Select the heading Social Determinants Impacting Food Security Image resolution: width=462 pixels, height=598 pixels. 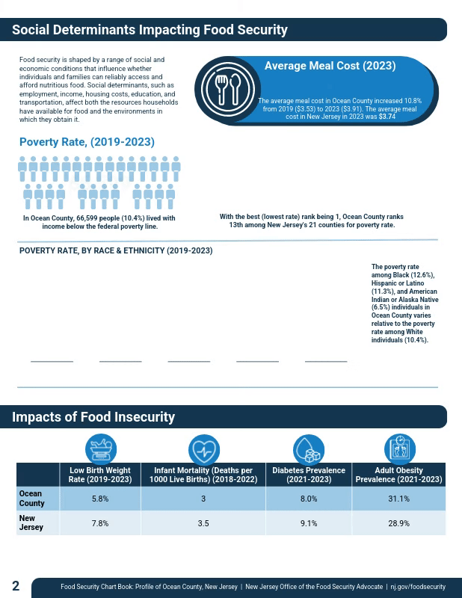[150, 30]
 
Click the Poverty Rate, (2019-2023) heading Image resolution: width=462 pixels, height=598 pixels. [87, 142]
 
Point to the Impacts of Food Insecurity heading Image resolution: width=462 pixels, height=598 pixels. [93, 417]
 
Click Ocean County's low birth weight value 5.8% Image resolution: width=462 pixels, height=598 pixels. [100, 499]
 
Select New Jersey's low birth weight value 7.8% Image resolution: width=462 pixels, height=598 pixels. [100, 523]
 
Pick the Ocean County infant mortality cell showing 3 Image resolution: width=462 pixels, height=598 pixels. [203, 499]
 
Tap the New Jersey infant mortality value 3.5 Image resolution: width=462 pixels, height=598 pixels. [203, 523]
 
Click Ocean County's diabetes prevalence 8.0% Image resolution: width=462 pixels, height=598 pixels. [309, 499]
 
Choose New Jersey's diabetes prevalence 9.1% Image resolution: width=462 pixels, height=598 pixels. [309, 523]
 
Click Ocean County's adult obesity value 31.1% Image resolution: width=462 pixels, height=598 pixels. [398, 499]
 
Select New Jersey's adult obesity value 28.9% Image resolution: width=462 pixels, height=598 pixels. [398, 523]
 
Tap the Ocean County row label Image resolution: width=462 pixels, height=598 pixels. [31, 499]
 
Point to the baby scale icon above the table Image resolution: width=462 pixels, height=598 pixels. [100, 449]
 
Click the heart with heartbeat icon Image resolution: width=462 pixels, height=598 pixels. [203, 449]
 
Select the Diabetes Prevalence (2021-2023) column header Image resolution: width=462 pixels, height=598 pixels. [309, 475]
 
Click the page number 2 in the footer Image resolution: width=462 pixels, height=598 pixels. [16, 585]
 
